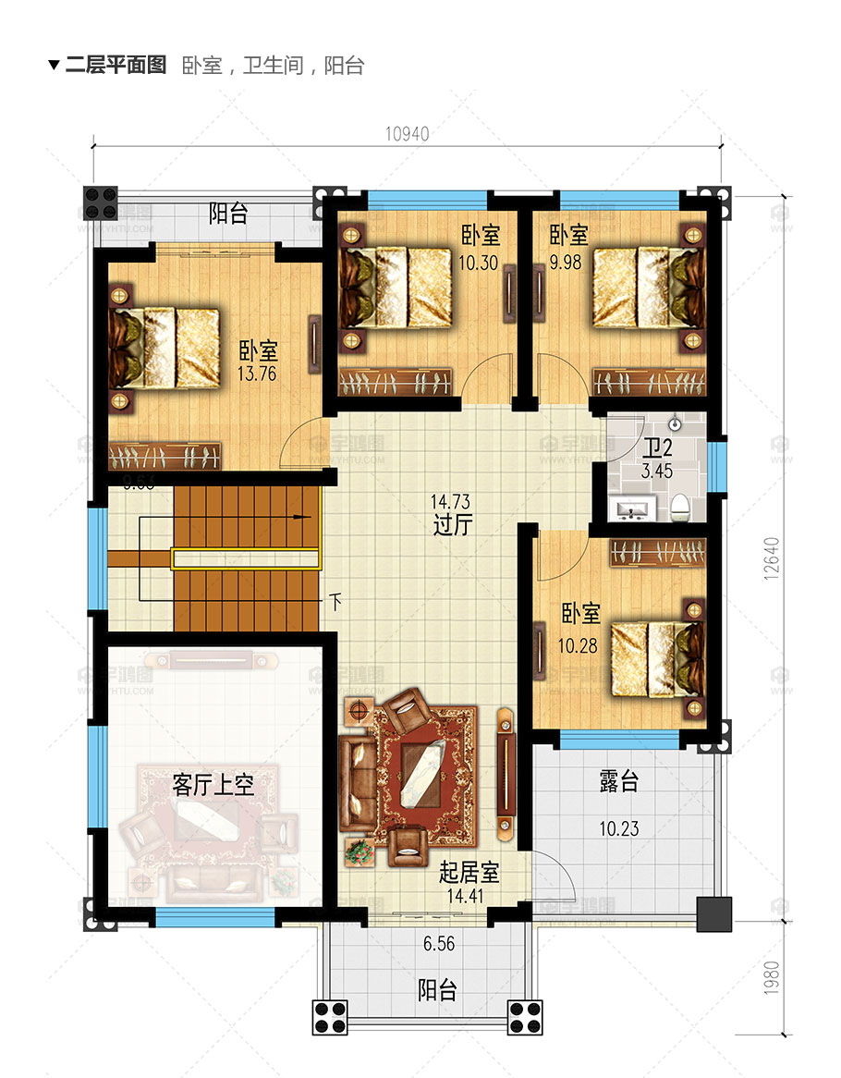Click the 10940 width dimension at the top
[407, 133]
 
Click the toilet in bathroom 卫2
[681, 504]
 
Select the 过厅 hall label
[453, 526]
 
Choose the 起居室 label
[469, 872]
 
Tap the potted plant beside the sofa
[359, 851]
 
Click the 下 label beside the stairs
[335, 602]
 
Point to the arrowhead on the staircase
[298, 517]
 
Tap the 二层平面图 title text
[116, 65]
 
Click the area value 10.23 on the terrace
[618, 828]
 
